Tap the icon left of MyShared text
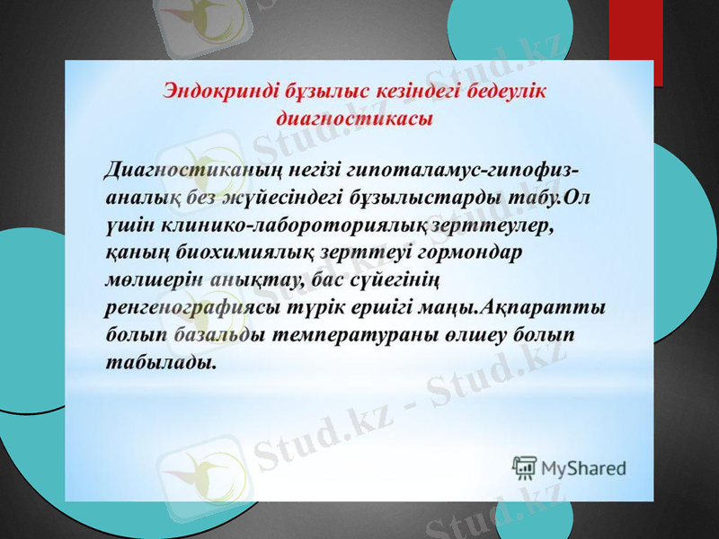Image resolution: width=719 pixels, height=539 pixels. click(525, 466)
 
